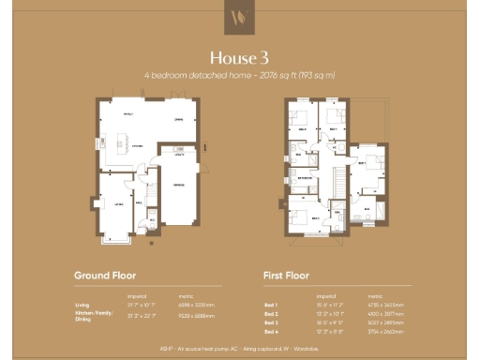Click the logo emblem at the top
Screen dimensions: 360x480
click(240, 19)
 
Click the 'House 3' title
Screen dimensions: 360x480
click(239, 55)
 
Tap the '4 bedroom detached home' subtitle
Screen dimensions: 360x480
click(239, 74)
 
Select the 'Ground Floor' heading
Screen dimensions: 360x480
click(105, 276)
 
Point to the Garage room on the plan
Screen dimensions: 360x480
click(175, 185)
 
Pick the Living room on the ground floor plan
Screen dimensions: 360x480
click(119, 202)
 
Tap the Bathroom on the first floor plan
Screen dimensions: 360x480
click(306, 176)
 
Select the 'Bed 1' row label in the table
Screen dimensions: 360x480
click(271, 305)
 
